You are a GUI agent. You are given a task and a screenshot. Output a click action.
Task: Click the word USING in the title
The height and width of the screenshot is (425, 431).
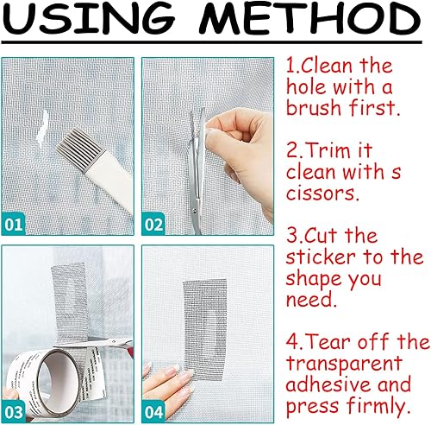(89, 19)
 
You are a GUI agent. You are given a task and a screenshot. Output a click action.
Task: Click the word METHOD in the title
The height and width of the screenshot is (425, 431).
(310, 19)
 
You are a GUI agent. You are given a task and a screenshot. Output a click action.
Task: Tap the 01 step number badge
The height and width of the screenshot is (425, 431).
(14, 225)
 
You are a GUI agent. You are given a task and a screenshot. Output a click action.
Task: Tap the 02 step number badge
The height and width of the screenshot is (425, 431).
(153, 225)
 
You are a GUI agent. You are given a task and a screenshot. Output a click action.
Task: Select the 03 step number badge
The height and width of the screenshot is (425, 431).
(14, 412)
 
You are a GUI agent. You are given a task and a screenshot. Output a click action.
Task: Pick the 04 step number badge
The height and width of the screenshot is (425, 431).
(153, 412)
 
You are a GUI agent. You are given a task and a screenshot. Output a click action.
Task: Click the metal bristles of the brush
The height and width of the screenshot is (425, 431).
(77, 149)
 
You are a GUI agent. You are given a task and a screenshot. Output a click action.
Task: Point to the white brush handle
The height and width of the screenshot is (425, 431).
(109, 183)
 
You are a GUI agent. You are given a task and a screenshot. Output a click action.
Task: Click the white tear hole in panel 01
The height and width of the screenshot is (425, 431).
(42, 130)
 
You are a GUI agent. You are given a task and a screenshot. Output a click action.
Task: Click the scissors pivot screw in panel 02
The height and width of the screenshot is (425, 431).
(196, 212)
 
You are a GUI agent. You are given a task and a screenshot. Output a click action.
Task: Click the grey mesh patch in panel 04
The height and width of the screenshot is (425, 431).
(205, 330)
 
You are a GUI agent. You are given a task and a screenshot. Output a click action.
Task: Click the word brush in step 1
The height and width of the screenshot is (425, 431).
(314, 107)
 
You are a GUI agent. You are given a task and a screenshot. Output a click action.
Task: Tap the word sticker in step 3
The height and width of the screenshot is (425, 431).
(321, 257)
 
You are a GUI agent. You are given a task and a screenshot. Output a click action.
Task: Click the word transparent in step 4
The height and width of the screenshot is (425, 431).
(344, 365)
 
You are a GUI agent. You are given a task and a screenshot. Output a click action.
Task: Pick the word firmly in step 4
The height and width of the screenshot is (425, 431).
(378, 405)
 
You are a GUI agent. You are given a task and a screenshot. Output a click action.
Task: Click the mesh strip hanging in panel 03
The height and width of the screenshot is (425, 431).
(70, 302)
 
